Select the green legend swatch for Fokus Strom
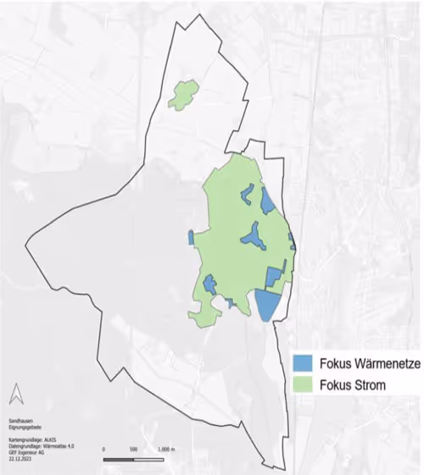[305, 385]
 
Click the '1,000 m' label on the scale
[170, 449]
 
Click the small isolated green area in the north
[182, 94]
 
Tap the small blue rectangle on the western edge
[192, 237]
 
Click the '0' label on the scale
[103, 449]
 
